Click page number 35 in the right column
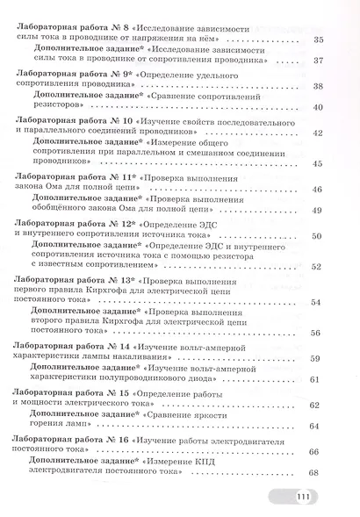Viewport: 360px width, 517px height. pyautogui.click(x=317, y=40)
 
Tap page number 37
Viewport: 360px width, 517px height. pyautogui.click(x=317, y=62)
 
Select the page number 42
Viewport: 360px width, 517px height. pyautogui.click(x=317, y=133)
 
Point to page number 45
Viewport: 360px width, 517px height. pyautogui.click(x=317, y=164)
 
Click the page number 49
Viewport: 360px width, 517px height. pyautogui.click(x=317, y=211)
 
